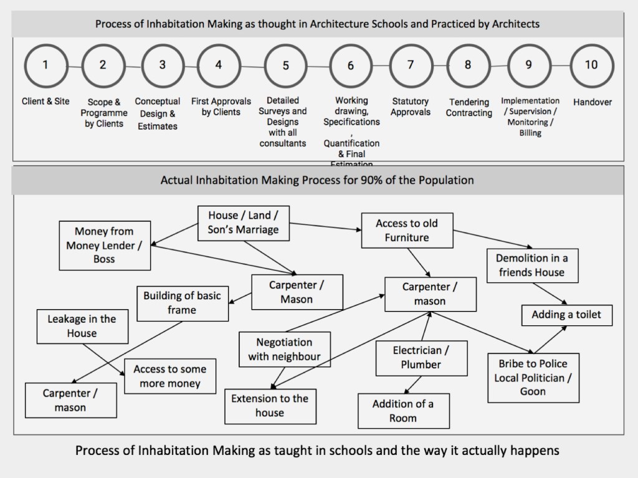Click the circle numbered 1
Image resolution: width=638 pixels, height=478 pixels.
point(45,65)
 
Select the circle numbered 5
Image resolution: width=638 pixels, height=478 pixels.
point(286,65)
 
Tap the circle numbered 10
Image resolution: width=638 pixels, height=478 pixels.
point(591,65)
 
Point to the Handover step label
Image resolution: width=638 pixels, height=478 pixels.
point(593,102)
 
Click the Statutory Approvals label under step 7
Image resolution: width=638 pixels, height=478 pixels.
point(411,107)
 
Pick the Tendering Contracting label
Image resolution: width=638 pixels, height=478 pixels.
point(469,107)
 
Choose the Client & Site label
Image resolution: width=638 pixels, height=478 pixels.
point(45,101)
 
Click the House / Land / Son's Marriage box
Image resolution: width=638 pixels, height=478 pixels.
point(244,222)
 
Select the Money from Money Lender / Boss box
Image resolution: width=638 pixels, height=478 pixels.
point(104,246)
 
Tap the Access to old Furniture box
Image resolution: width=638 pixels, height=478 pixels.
point(406,230)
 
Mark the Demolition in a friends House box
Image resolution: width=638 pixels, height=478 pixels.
point(531,265)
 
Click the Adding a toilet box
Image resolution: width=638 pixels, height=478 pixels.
point(566,315)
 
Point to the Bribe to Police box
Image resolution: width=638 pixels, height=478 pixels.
point(533,377)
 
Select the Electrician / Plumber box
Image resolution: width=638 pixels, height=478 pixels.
point(421,358)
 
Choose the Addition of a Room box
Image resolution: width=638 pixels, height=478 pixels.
point(403,411)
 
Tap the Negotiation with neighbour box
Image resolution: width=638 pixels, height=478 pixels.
point(284,349)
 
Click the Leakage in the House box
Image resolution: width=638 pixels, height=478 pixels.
point(82,326)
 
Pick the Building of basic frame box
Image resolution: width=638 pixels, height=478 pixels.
point(182,302)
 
